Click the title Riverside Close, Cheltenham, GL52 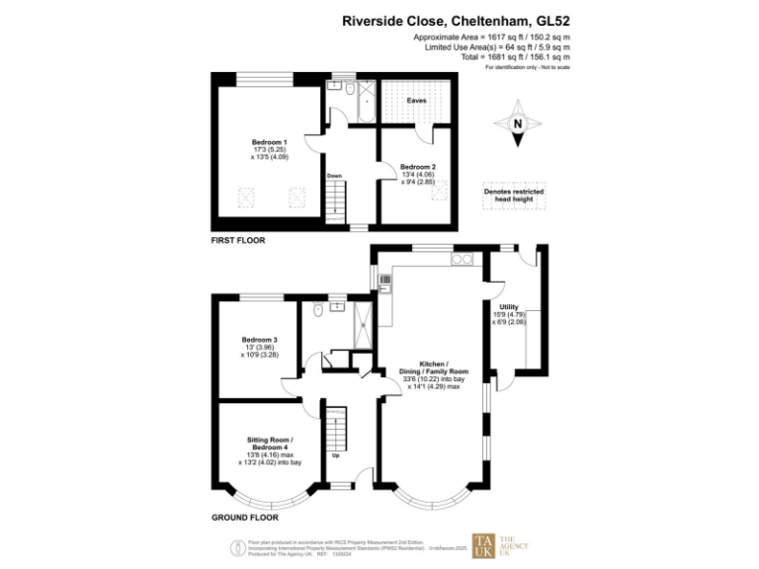click(x=456, y=19)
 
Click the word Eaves click(x=416, y=100)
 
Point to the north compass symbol click(x=517, y=124)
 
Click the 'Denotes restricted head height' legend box click(x=514, y=196)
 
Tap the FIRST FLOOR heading click(x=238, y=240)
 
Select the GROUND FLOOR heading click(x=244, y=517)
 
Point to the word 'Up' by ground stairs click(x=336, y=455)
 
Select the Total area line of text click(x=514, y=56)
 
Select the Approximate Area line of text click(x=491, y=37)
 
